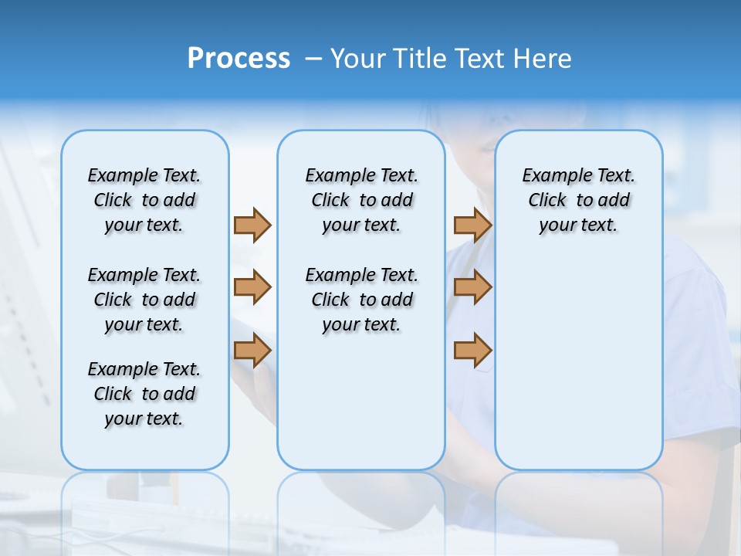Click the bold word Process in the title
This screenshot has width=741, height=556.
239,59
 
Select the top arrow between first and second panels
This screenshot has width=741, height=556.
252,225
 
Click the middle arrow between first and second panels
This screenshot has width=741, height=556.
252,287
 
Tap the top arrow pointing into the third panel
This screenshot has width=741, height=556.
472,225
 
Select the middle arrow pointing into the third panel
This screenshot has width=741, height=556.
472,287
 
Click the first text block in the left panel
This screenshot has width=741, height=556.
144,200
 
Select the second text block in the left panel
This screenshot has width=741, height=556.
144,300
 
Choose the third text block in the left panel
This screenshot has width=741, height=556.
144,394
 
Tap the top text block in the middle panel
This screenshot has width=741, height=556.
361,200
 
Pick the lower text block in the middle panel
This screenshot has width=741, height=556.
361,300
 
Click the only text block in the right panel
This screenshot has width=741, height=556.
578,200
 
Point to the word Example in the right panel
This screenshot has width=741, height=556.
552,176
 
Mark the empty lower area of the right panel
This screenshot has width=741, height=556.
578,363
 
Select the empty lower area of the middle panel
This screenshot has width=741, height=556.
361,402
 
